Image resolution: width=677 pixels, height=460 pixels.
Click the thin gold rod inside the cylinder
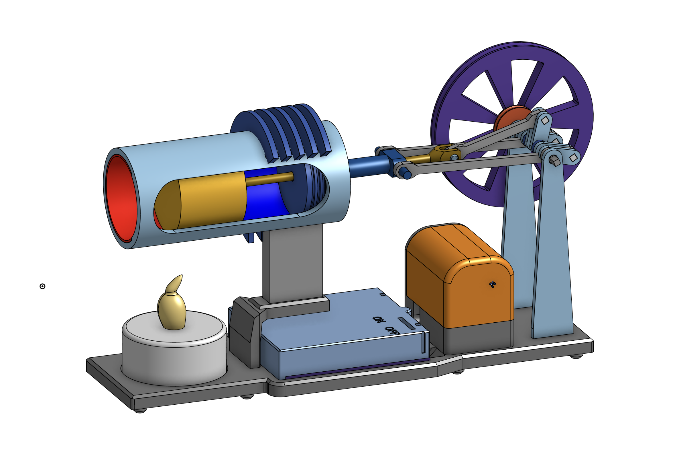pos(270,178)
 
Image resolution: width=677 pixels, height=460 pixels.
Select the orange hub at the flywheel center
pos(511,118)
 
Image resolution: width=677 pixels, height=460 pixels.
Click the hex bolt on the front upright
pos(554,160)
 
